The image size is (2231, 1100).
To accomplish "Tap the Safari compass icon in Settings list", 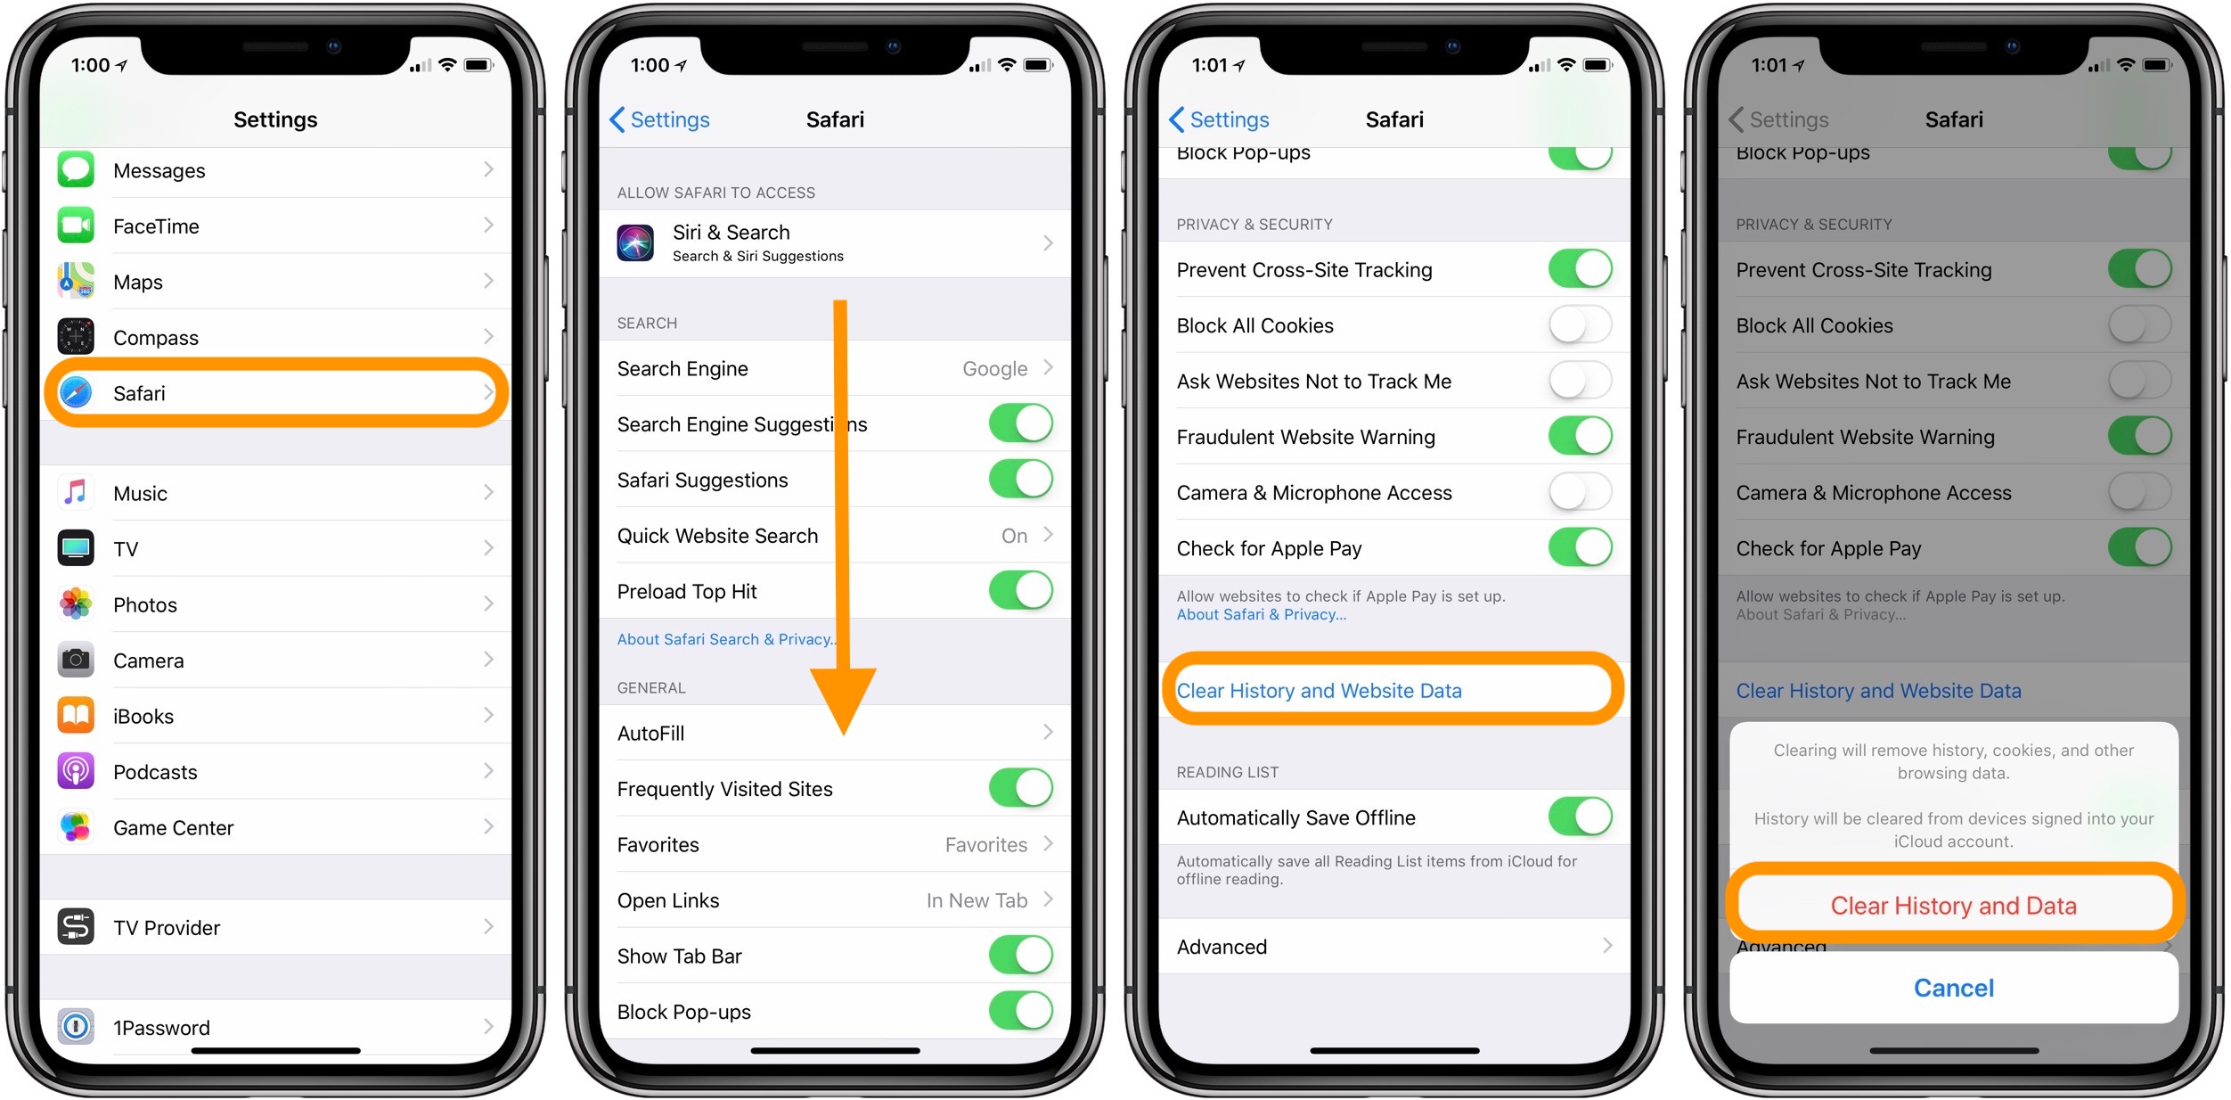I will point(76,392).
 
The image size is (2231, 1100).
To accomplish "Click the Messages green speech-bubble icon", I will point(76,169).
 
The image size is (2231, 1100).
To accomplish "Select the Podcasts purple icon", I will point(76,771).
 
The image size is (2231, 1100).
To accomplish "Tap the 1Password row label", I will point(161,1028).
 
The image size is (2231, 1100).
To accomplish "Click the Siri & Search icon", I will point(635,242).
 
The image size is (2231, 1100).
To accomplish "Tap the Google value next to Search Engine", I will point(994,368).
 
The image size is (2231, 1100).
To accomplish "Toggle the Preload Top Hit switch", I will point(1020,590).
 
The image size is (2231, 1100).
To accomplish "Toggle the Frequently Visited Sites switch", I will point(1020,788).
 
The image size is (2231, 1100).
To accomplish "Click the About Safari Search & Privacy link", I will point(724,639).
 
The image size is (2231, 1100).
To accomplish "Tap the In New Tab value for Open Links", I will point(977,900).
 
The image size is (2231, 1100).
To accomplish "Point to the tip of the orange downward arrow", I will point(843,731).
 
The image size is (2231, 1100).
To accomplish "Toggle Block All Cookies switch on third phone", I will point(1580,324).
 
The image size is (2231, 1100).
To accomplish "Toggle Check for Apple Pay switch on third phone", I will point(1580,547).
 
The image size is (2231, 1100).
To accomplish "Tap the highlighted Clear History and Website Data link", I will point(1319,691).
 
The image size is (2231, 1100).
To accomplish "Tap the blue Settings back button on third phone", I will point(1219,119).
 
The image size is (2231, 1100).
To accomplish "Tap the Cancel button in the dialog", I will point(1953,988).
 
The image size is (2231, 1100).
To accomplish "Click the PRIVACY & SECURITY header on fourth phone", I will point(1813,225).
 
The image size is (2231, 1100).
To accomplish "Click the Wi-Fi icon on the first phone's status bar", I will point(447,65).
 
